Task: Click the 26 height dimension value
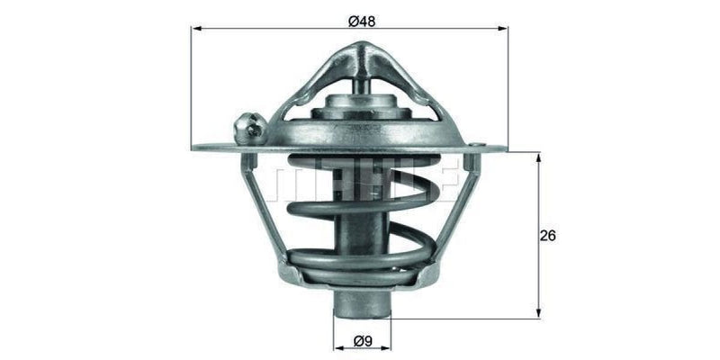[548, 237]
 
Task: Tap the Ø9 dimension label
[363, 341]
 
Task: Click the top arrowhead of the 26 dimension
[538, 157]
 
